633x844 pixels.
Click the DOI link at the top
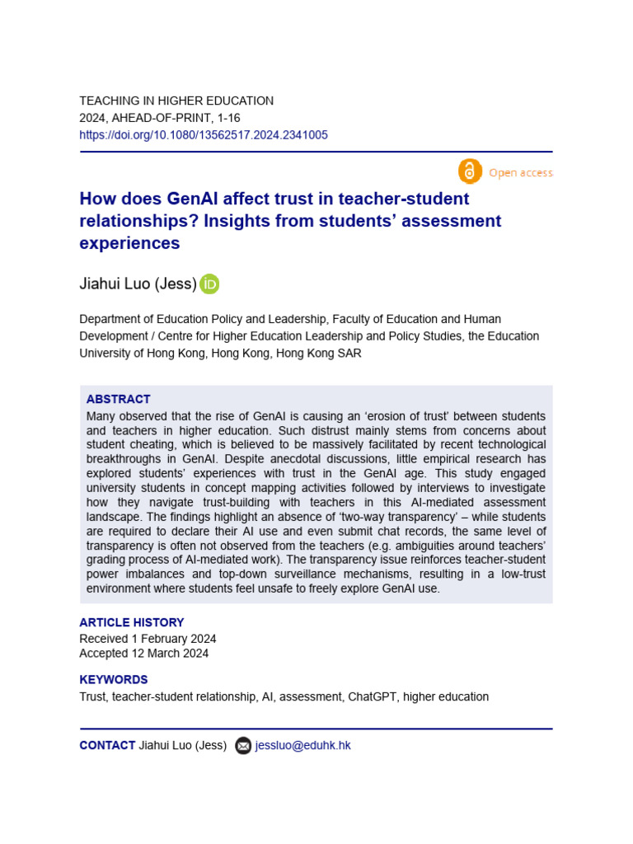pyautogui.click(x=203, y=135)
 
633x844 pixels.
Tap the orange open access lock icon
pyautogui.click(x=469, y=171)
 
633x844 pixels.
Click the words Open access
pyautogui.click(x=520, y=172)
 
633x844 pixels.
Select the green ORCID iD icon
pyautogui.click(x=209, y=284)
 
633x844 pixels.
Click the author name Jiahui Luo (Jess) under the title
pyautogui.click(x=138, y=284)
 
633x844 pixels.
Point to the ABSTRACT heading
pyautogui.click(x=118, y=399)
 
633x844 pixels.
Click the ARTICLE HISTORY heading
pyautogui.click(x=131, y=622)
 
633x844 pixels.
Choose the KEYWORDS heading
pyautogui.click(x=113, y=680)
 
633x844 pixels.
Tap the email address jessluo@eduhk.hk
pyautogui.click(x=302, y=745)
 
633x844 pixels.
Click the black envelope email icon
pyautogui.click(x=243, y=746)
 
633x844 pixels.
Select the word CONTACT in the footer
pyautogui.click(x=107, y=745)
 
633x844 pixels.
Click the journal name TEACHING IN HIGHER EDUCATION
pyautogui.click(x=176, y=101)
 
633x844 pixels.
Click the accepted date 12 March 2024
pyautogui.click(x=170, y=654)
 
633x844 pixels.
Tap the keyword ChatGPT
pyautogui.click(x=375, y=696)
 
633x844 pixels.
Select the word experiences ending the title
pyautogui.click(x=129, y=243)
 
